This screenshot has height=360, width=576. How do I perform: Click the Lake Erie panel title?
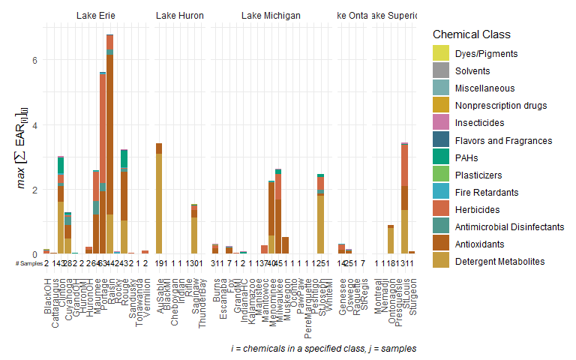click(96, 15)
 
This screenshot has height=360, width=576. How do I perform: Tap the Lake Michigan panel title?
click(271, 15)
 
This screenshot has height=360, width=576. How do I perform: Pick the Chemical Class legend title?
click(472, 34)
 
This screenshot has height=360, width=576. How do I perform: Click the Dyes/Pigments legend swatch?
click(440, 54)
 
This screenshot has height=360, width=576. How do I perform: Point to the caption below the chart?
click(323, 349)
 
